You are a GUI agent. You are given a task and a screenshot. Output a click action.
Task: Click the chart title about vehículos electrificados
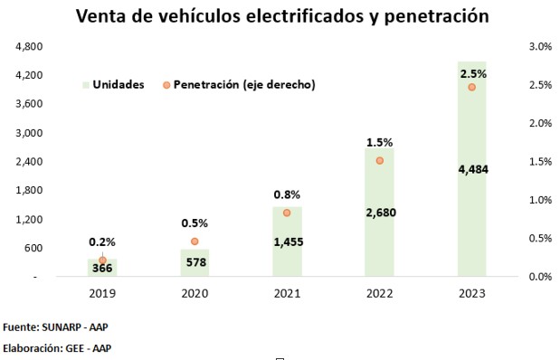(x=282, y=16)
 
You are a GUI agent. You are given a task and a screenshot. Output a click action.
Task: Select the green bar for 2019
(x=102, y=268)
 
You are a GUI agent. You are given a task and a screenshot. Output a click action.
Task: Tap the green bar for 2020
(x=195, y=262)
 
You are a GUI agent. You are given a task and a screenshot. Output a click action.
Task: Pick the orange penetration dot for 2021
(x=287, y=213)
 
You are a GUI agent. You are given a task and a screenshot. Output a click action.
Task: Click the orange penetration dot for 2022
(x=380, y=161)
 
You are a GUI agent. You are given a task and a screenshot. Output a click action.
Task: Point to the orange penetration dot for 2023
(x=471, y=87)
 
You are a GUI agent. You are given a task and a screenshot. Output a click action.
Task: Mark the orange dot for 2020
(x=195, y=242)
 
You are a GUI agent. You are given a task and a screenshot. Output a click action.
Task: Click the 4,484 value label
(x=473, y=169)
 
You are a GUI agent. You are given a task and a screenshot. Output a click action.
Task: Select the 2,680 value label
(x=381, y=213)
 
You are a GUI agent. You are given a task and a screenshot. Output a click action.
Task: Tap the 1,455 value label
(x=289, y=242)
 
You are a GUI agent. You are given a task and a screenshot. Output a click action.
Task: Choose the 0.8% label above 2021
(x=287, y=194)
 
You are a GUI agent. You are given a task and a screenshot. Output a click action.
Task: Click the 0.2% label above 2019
(x=102, y=242)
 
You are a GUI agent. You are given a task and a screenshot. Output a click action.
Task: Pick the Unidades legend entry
(x=114, y=85)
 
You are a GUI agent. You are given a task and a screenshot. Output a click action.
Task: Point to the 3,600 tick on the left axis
(x=29, y=104)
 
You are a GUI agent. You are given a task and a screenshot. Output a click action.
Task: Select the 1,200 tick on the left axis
(x=29, y=219)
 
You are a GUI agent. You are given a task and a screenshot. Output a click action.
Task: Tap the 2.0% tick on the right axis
(x=540, y=123)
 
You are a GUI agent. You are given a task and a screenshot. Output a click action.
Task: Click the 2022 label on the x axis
(x=380, y=294)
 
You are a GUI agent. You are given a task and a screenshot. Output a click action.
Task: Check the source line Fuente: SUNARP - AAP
(x=55, y=327)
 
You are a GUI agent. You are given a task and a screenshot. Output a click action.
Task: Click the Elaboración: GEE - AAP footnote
(x=57, y=348)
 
